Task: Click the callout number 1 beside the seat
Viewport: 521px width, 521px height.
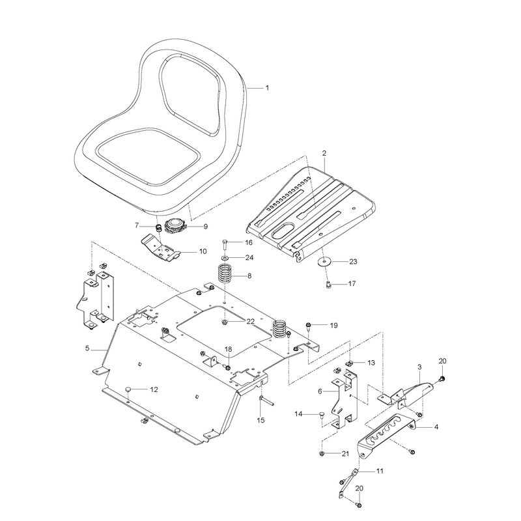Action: (267, 88)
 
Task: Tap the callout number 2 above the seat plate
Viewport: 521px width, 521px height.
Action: (324, 153)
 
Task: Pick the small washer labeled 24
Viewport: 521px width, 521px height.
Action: (225, 257)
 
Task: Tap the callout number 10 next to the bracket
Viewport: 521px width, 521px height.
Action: (203, 251)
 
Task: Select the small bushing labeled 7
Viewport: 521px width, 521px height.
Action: (159, 229)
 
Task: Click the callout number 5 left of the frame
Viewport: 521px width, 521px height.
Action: (87, 348)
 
